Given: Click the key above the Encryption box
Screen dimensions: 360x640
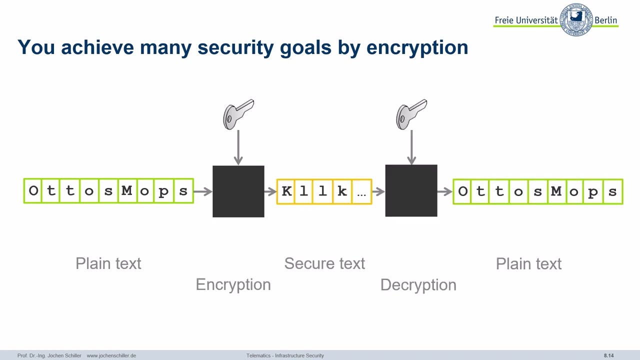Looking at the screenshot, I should (x=238, y=114).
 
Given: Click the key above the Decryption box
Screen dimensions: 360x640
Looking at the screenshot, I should (x=411, y=114).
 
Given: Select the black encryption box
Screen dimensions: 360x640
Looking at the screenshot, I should (x=238, y=191).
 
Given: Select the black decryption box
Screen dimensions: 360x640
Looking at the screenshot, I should (x=411, y=191).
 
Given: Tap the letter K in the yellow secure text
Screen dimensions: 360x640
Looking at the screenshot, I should (x=286, y=191).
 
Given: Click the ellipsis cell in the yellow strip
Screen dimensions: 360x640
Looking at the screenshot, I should (x=361, y=192).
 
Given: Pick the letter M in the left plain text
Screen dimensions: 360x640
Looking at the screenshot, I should (x=126, y=191).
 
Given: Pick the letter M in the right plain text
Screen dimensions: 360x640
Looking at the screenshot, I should (x=556, y=191).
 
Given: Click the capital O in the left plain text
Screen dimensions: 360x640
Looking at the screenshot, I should (x=33, y=191).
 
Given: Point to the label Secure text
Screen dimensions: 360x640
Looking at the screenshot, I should (x=324, y=263).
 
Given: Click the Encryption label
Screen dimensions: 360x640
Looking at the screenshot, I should (x=233, y=284).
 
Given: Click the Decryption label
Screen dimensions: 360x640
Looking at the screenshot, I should (x=418, y=285).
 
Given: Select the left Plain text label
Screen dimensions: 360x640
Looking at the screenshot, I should (x=108, y=263).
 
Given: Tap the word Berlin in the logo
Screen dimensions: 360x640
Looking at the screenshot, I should (x=606, y=20).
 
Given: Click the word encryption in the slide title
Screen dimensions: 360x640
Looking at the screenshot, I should (x=417, y=48).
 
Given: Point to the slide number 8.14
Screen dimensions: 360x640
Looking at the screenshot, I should (x=608, y=355).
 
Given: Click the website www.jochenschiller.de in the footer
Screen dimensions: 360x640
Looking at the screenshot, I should (x=111, y=355).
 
